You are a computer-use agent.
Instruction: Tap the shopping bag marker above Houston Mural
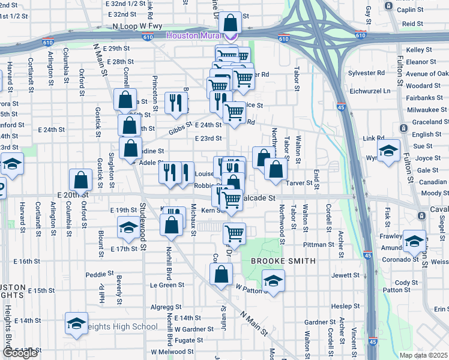tap(230, 23)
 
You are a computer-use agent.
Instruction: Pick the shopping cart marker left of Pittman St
tap(234, 233)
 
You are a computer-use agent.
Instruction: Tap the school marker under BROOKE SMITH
tap(273, 281)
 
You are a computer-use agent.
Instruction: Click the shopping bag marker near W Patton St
tap(221, 275)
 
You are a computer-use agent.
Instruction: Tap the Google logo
tap(20, 353)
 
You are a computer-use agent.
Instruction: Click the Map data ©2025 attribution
tap(423, 355)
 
